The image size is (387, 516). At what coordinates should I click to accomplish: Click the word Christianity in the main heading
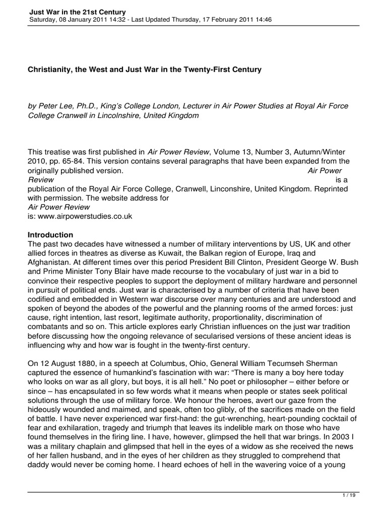[49, 70]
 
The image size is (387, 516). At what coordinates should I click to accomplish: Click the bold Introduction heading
[50, 235]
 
